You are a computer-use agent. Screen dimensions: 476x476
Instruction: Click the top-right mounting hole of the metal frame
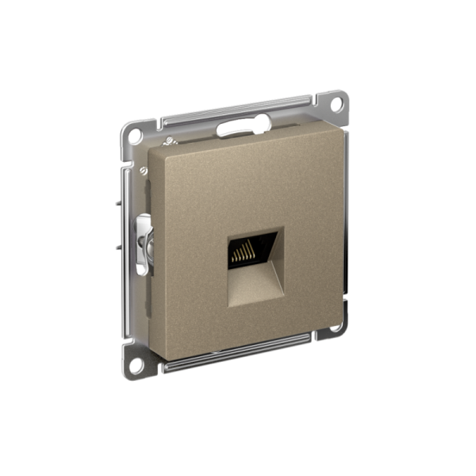click(336, 103)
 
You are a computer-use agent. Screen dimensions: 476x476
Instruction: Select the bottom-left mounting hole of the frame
click(136, 366)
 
